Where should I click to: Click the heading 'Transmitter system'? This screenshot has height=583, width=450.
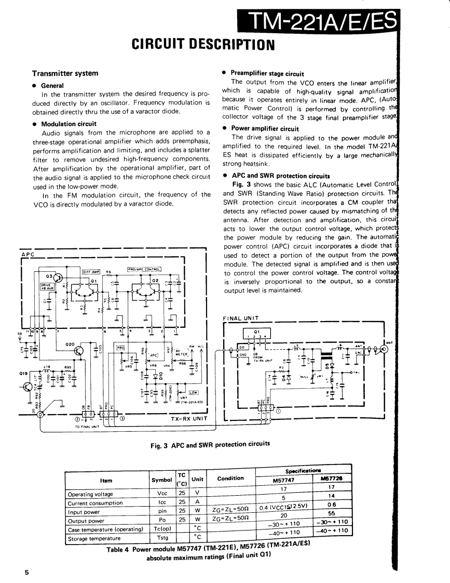65,73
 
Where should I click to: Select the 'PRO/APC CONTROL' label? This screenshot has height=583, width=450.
144,269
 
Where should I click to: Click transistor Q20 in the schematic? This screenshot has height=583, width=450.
78,351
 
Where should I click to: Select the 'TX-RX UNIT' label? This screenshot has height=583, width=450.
189,417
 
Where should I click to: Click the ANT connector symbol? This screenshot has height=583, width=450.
384,349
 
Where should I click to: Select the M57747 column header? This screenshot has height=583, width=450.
283,480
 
